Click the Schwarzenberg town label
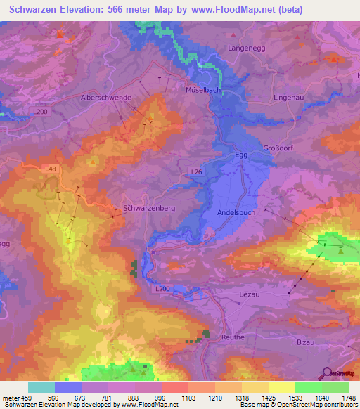click(148, 209)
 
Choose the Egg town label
click(240, 155)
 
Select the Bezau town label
click(250, 294)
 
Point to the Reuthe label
click(233, 337)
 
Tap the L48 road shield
click(50, 169)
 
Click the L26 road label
click(197, 171)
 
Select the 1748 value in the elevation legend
click(348, 398)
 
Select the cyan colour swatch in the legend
click(41, 387)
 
